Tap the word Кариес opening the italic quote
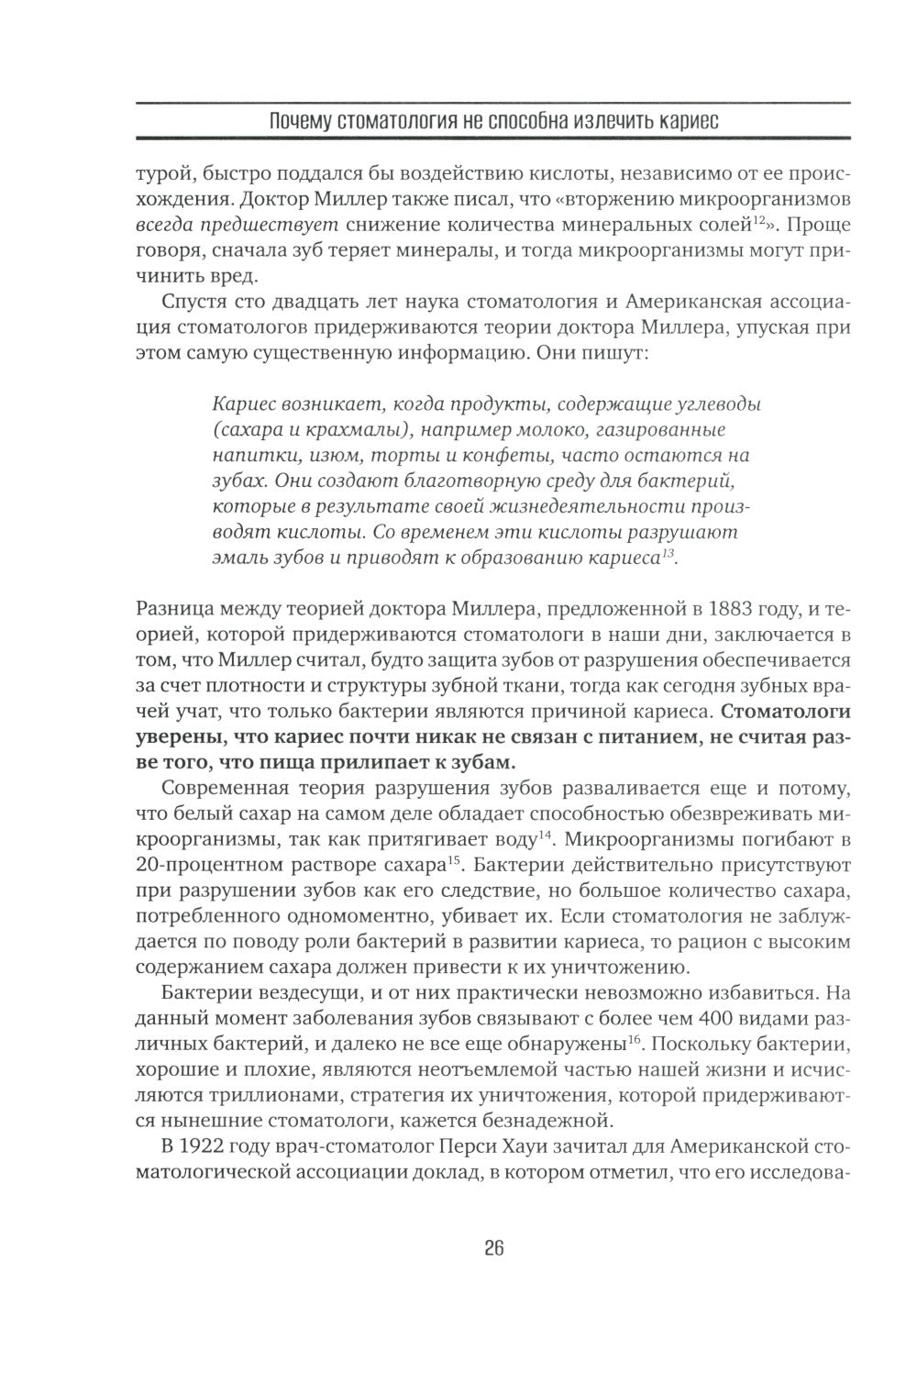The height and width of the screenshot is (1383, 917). (x=240, y=403)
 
